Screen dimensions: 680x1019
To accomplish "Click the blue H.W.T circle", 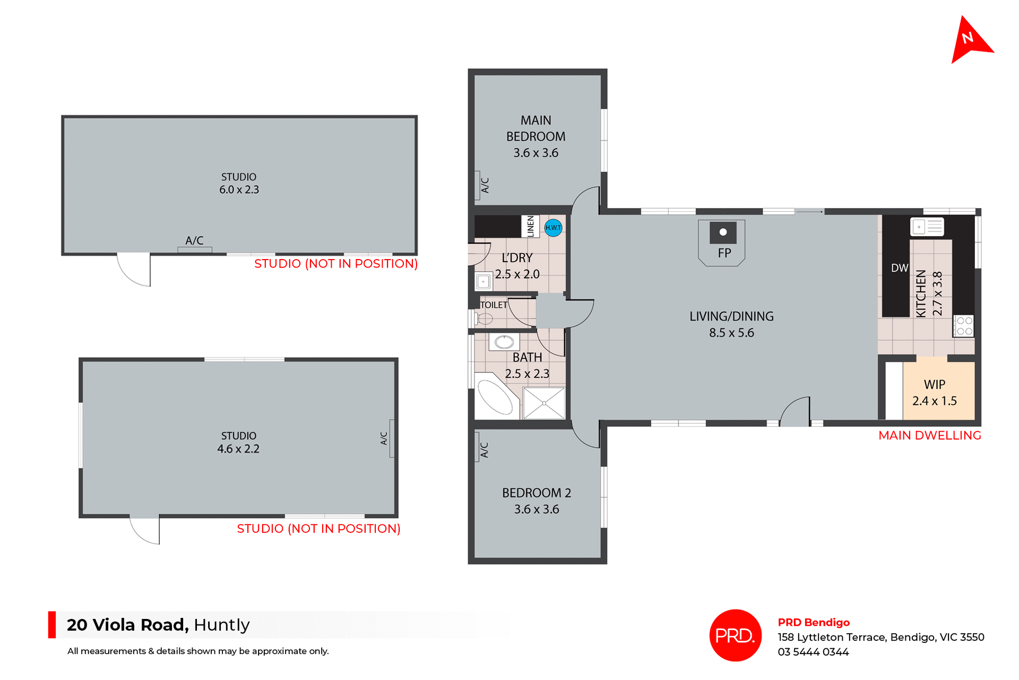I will click(553, 228).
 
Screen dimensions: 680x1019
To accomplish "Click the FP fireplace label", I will click(724, 253).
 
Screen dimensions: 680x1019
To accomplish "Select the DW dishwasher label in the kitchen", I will click(900, 268).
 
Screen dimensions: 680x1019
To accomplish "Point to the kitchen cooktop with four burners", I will click(964, 326).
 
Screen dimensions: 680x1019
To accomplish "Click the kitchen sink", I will click(927, 227).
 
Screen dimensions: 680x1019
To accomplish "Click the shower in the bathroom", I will click(544, 403).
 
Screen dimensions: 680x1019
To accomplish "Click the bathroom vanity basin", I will click(504, 342).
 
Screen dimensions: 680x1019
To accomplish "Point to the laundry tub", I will click(483, 281).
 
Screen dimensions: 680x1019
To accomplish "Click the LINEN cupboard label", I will click(530, 227).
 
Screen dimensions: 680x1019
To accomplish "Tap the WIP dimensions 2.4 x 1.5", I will click(934, 401).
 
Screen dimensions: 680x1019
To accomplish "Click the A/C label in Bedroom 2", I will click(484, 450).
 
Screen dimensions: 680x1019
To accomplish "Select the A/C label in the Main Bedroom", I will click(485, 185).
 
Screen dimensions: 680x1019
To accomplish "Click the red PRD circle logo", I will click(735, 635).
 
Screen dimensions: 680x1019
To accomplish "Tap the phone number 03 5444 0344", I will click(813, 652).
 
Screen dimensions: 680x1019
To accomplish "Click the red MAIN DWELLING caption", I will click(929, 435).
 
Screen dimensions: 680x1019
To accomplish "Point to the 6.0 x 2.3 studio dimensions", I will click(239, 190).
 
